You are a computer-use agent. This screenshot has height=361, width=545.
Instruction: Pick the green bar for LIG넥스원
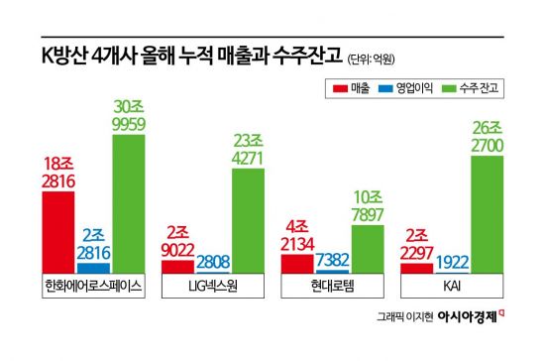pos(249,221)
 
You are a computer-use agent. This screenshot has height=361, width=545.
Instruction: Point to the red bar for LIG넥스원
pos(177,266)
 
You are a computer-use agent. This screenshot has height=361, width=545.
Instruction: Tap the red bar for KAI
pos(417,268)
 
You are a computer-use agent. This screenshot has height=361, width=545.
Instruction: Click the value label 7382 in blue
pos(333,259)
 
